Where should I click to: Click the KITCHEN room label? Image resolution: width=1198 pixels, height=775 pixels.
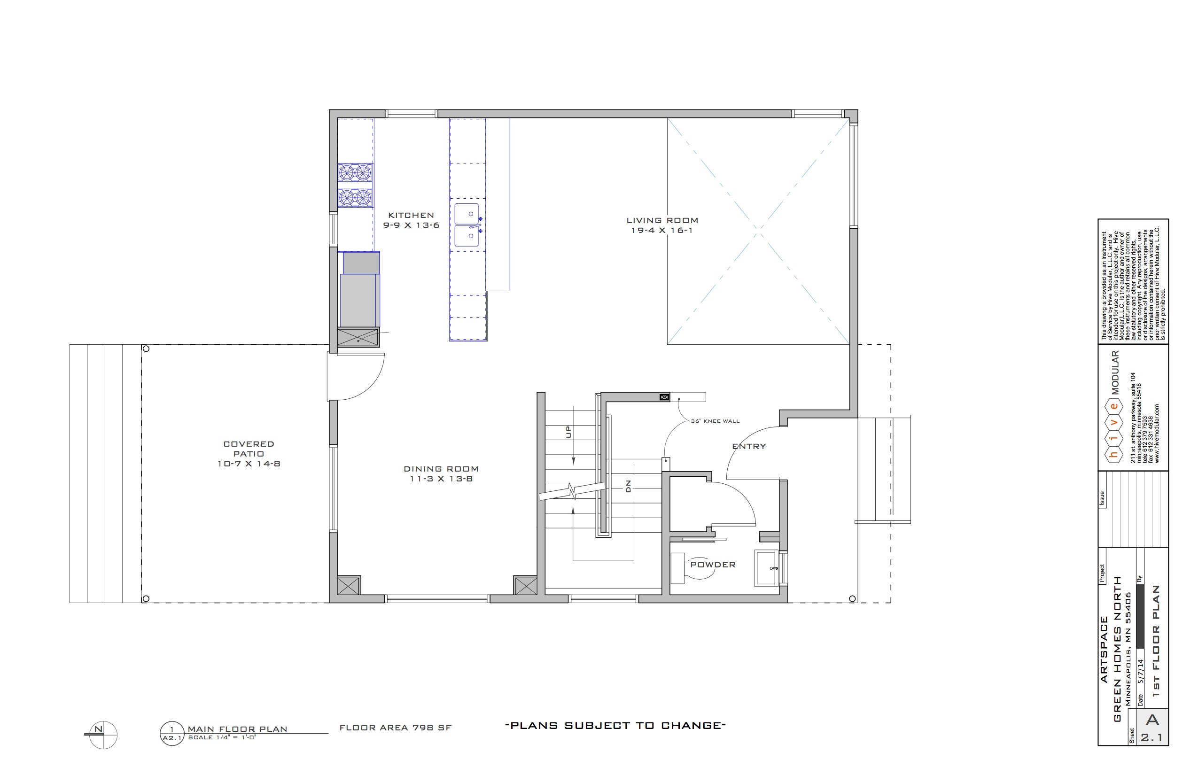click(x=411, y=216)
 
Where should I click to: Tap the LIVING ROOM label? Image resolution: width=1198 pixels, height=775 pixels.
click(x=662, y=220)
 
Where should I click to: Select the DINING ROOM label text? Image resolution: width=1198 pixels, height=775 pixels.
click(x=441, y=469)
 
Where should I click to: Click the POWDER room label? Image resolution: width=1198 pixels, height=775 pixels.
click(x=713, y=565)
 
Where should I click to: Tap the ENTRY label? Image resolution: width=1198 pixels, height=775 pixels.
click(x=749, y=446)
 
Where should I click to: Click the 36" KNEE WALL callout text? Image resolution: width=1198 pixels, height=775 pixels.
click(x=715, y=421)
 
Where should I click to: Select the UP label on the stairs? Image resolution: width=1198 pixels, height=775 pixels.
click(x=569, y=432)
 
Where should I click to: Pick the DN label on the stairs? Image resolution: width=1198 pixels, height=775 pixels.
click(x=628, y=486)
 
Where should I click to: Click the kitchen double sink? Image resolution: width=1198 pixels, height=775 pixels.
click(x=467, y=225)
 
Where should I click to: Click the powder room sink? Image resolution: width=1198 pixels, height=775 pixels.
click(x=767, y=568)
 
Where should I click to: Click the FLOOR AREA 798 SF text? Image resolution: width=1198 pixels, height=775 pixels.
click(x=396, y=728)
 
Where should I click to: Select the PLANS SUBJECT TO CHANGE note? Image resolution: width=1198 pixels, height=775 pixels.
click(x=615, y=726)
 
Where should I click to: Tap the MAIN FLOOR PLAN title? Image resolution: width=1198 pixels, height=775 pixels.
click(x=238, y=728)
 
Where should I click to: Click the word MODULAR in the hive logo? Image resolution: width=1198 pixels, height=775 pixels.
click(x=1115, y=372)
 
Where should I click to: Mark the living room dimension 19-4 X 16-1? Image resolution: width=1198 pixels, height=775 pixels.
click(x=662, y=231)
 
